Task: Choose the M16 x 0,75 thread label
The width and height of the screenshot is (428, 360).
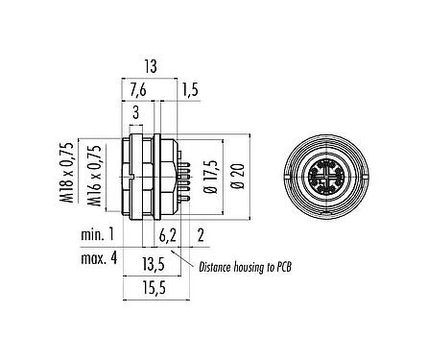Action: [94, 176]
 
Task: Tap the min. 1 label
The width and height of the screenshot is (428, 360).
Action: [97, 234]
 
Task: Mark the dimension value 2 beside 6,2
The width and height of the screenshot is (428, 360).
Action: [200, 234]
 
